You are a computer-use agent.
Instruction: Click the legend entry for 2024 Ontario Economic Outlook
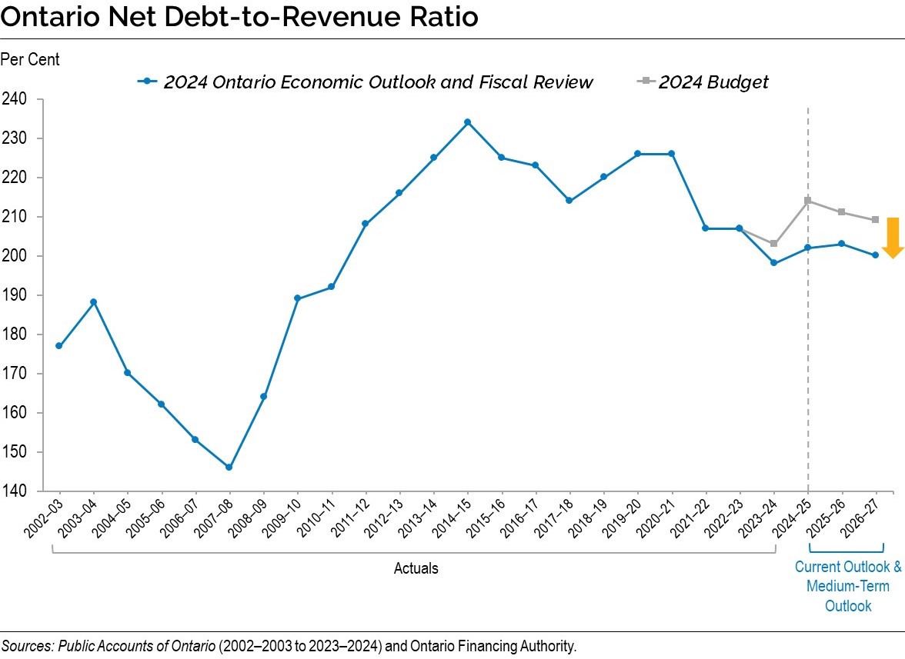click(377, 82)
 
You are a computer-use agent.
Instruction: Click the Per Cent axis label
click(30, 58)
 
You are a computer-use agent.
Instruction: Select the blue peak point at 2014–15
click(467, 122)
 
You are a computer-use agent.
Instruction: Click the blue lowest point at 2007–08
click(229, 467)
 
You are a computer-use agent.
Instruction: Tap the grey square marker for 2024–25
click(807, 201)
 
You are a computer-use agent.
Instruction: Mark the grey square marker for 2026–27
click(875, 220)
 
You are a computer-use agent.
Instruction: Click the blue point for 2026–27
click(875, 255)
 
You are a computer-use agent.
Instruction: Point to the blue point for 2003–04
click(93, 302)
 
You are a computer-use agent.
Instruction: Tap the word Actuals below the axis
click(416, 568)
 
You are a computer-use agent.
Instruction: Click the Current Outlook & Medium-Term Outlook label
click(847, 586)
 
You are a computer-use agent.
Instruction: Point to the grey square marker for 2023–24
click(773, 244)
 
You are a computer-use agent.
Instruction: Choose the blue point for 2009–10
click(297, 298)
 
